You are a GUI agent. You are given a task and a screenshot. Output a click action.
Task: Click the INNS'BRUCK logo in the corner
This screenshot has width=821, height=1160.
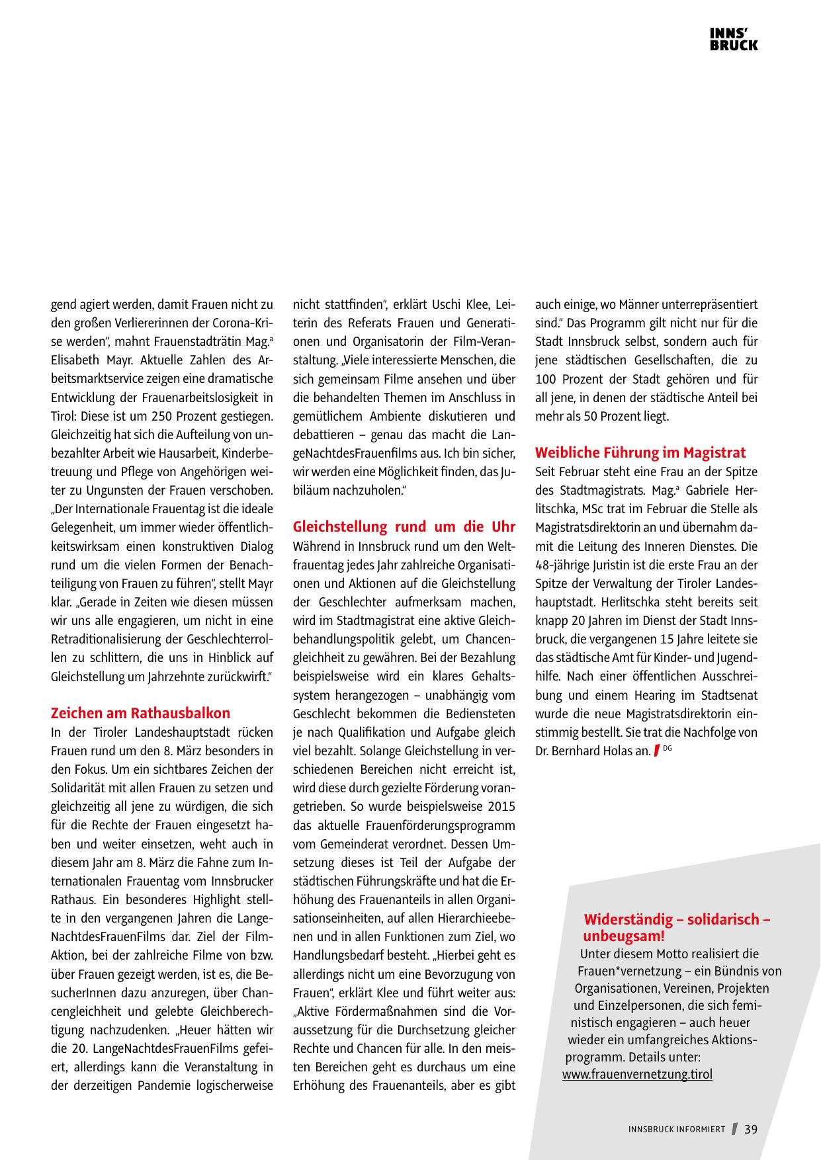pyautogui.click(x=734, y=40)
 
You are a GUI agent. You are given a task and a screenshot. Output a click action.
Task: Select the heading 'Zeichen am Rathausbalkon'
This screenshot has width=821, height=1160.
pyautogui.click(x=140, y=713)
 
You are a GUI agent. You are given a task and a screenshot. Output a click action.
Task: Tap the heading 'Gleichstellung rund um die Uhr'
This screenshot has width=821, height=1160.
pyautogui.click(x=404, y=527)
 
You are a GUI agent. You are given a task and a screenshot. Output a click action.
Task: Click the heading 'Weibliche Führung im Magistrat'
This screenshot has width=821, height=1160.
pyautogui.click(x=640, y=452)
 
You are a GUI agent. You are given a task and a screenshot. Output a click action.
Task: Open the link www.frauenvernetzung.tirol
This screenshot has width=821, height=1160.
pyautogui.click(x=637, y=1073)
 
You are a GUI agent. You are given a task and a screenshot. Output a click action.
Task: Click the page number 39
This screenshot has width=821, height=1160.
pyautogui.click(x=751, y=1129)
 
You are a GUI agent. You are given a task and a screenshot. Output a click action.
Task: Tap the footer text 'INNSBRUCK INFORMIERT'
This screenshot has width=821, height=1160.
pyautogui.click(x=676, y=1130)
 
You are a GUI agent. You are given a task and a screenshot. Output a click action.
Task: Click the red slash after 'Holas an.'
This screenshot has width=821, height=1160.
pyautogui.click(x=656, y=751)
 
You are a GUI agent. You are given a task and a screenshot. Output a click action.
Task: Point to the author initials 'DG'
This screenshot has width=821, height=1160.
pyautogui.click(x=667, y=749)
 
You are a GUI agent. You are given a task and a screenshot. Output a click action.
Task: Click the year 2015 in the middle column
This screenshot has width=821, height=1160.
pyautogui.click(x=501, y=807)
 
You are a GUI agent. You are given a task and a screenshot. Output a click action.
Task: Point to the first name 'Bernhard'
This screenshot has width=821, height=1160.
pyautogui.click(x=576, y=751)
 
